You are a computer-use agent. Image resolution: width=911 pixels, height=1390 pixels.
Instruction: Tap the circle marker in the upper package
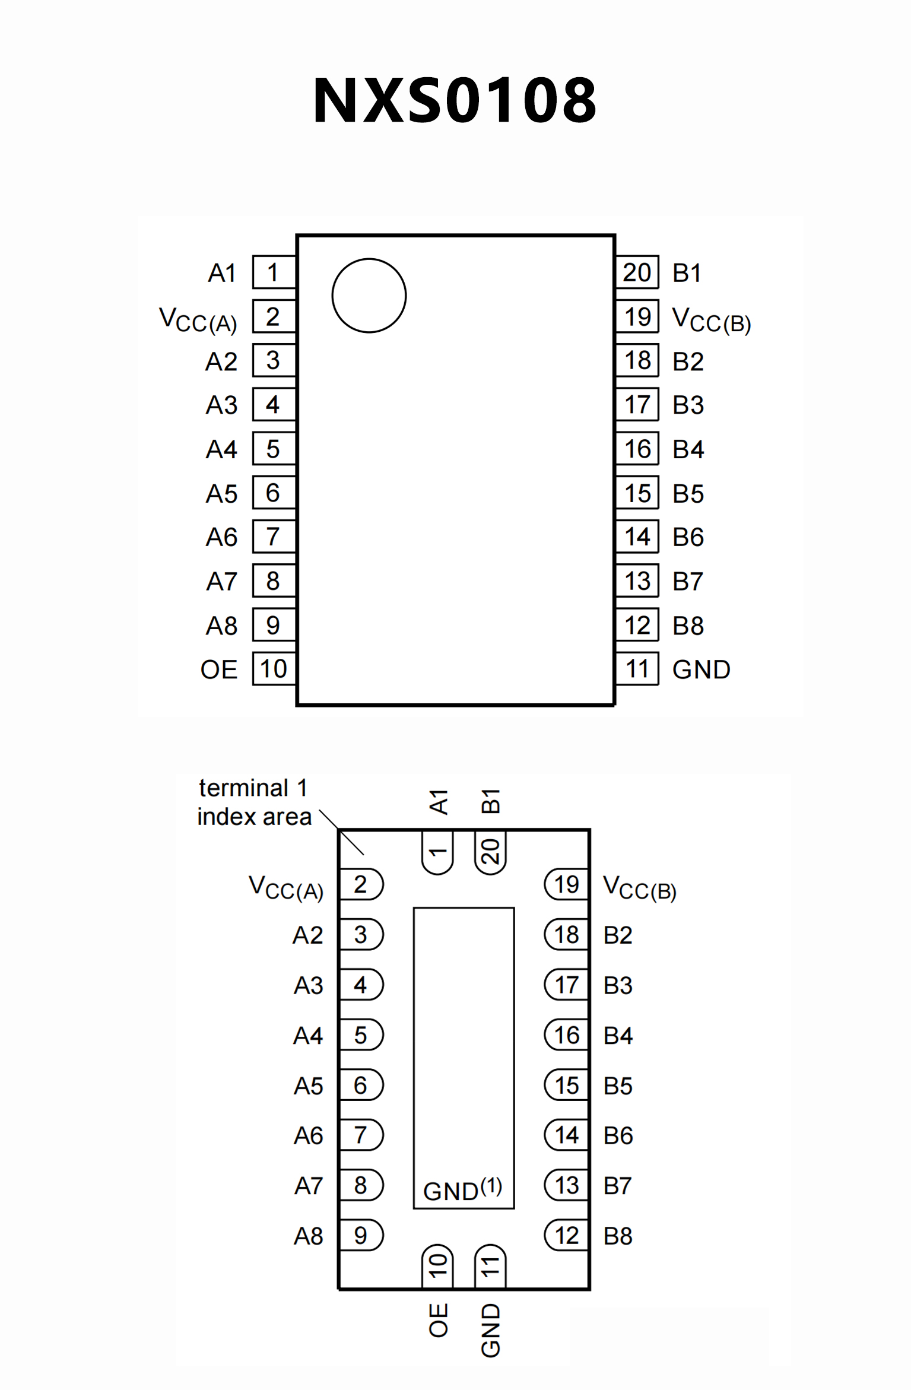[x=369, y=296]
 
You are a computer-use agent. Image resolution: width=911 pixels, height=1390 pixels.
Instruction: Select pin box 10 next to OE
[x=274, y=669]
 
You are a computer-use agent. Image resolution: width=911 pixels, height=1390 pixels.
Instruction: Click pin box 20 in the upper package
[x=637, y=272]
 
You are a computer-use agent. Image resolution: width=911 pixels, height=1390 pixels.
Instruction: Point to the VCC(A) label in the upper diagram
[x=198, y=319]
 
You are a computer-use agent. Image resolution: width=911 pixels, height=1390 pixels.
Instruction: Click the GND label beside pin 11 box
[x=701, y=669]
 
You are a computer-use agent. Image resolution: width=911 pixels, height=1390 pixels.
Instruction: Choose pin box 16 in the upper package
[x=637, y=449]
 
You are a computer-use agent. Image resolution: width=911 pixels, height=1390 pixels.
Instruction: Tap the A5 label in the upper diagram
[x=221, y=494]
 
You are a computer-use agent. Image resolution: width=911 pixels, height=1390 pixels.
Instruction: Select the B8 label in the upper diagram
[x=688, y=626]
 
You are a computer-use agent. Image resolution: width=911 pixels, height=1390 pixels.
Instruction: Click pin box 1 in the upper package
[x=274, y=272]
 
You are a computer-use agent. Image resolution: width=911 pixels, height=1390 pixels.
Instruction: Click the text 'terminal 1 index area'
[x=254, y=802]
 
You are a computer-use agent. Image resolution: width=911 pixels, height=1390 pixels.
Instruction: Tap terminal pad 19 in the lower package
[x=566, y=884]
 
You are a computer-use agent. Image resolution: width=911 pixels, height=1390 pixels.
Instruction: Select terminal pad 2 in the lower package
[x=361, y=884]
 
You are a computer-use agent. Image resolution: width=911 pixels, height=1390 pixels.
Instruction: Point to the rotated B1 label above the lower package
[x=491, y=801]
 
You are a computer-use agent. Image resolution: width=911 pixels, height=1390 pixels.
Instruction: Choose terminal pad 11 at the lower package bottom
[x=490, y=1267]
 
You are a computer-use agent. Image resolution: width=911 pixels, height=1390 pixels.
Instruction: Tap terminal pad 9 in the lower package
[x=361, y=1236]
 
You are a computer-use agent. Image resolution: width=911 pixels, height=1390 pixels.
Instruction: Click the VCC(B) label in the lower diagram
[x=640, y=888]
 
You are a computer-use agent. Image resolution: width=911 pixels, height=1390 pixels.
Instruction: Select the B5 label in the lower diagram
[x=618, y=1086]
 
